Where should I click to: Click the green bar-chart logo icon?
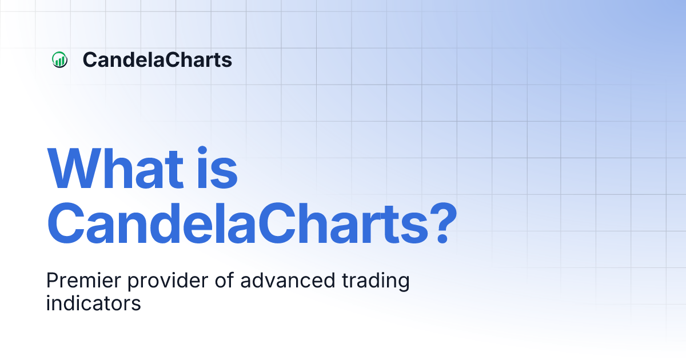click(x=59, y=59)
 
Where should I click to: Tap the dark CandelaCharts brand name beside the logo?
click(x=157, y=59)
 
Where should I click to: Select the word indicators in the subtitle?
click(x=93, y=303)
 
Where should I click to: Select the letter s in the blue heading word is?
click(x=226, y=174)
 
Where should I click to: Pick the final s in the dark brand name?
click(x=227, y=61)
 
